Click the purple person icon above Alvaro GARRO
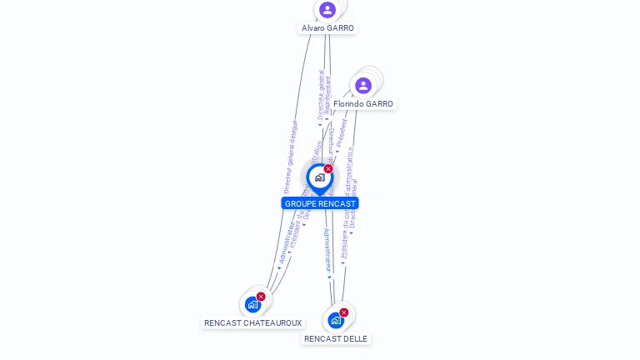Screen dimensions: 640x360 point(327,10)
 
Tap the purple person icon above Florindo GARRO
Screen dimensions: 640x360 point(363,85)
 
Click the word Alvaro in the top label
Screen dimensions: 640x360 point(313,28)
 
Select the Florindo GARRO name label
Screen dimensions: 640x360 point(362,104)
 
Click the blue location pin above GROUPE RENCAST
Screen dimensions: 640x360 point(319,177)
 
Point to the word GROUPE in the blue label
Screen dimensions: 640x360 point(300,204)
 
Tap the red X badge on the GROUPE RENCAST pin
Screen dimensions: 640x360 point(328,169)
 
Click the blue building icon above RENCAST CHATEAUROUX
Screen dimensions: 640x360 point(252,305)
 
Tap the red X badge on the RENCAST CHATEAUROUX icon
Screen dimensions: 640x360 point(261,297)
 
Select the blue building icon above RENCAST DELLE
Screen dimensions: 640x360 point(335,320)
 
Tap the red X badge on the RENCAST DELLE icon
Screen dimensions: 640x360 point(343,312)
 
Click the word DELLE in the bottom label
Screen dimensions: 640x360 point(352,339)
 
